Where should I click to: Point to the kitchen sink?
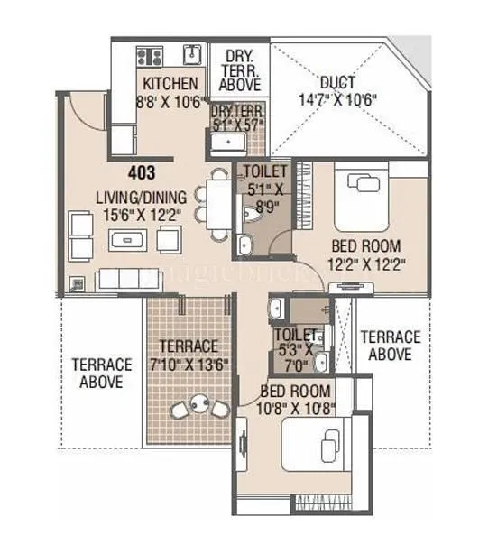pos(191,55)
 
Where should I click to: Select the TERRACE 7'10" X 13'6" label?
pos(188,355)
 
